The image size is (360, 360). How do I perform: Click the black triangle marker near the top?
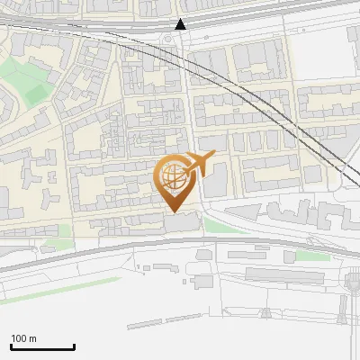pos(181,24)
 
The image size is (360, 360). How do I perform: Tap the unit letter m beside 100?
pos(34,338)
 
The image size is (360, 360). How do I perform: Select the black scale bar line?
pos(42,347)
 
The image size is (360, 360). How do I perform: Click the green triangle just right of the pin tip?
pos(212,223)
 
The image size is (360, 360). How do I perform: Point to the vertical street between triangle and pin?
pos(186,99)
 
